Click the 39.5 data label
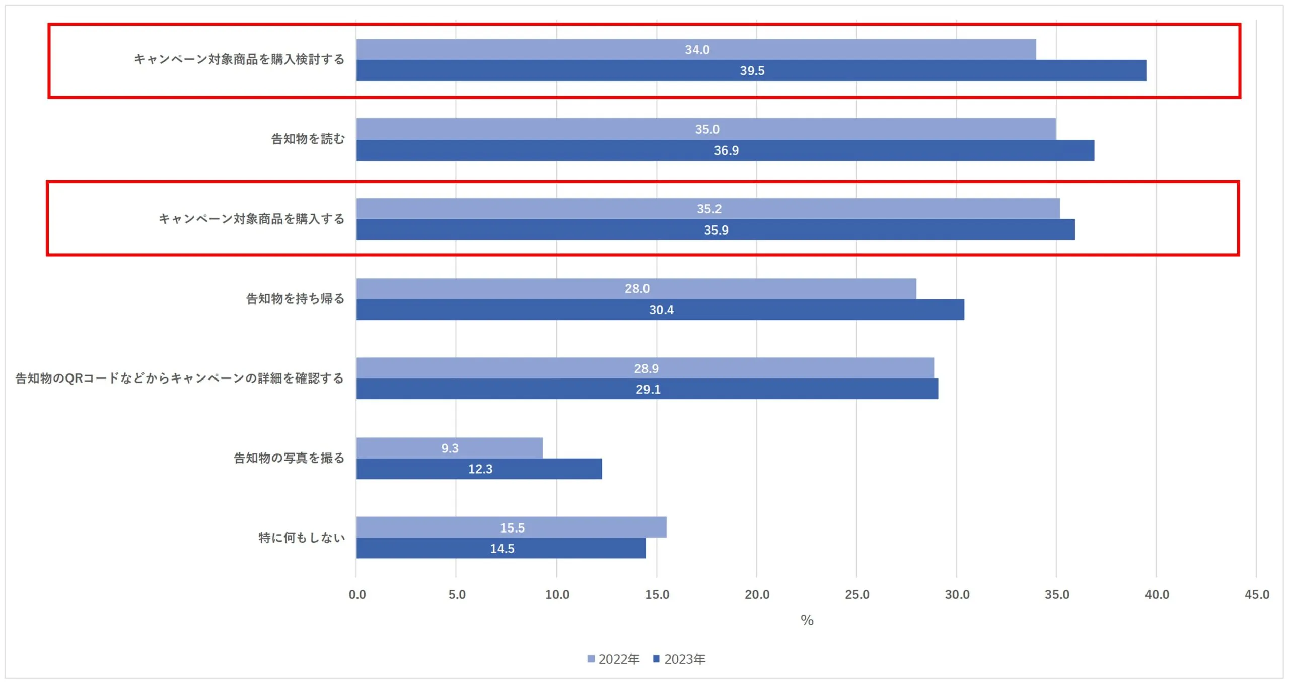click(x=752, y=71)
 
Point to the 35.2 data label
click(x=709, y=209)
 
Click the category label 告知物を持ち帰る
click(x=295, y=299)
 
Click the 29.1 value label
click(x=648, y=389)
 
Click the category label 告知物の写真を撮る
click(x=289, y=458)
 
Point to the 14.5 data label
click(x=502, y=549)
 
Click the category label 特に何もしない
click(x=302, y=538)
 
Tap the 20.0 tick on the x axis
click(x=757, y=594)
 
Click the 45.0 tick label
click(x=1257, y=594)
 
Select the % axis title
click(x=807, y=620)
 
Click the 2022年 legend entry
click(x=614, y=659)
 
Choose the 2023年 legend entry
click(x=679, y=659)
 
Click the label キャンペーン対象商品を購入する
click(x=251, y=219)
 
